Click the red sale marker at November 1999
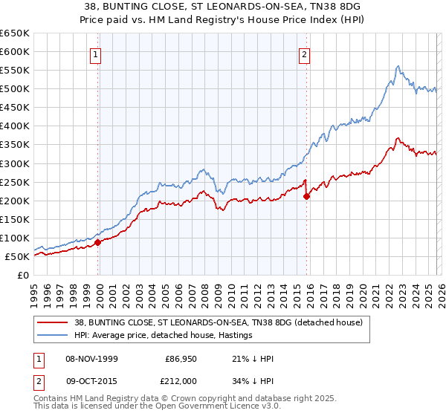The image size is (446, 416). (x=98, y=242)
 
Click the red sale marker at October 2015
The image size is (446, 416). (x=306, y=196)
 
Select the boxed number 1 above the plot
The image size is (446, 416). (x=98, y=53)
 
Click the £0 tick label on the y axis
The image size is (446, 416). (x=22, y=275)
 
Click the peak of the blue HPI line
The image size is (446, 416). (x=398, y=66)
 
